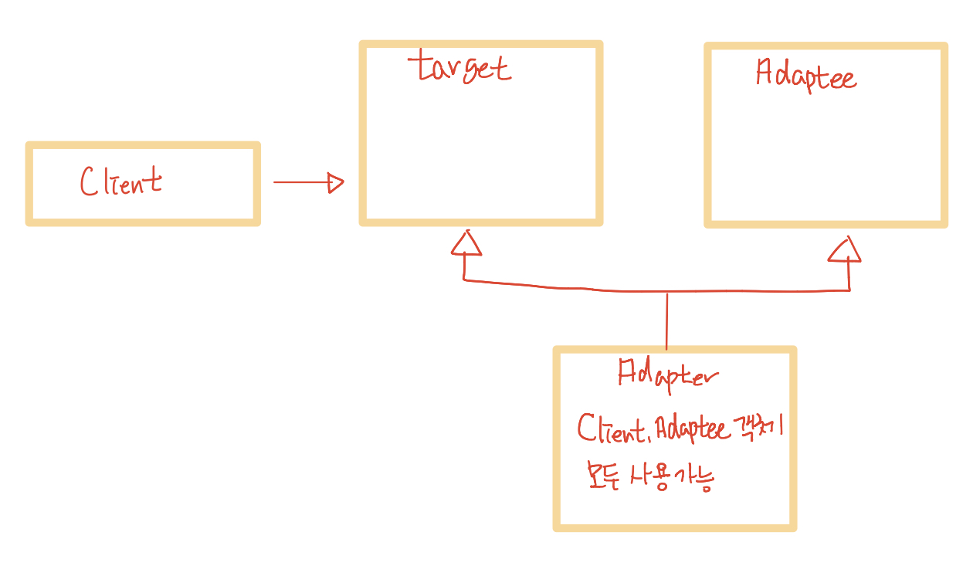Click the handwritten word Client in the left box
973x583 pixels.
[121, 182]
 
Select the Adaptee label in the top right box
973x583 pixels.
[806, 76]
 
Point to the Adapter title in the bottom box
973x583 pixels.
[668, 375]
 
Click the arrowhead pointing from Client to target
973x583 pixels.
[335, 183]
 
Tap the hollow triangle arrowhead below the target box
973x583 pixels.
[466, 243]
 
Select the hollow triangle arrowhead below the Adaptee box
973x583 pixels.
[845, 249]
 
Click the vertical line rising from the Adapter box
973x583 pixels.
[666, 320]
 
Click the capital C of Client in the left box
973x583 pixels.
[90, 182]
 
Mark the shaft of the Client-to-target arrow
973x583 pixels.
[301, 183]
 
